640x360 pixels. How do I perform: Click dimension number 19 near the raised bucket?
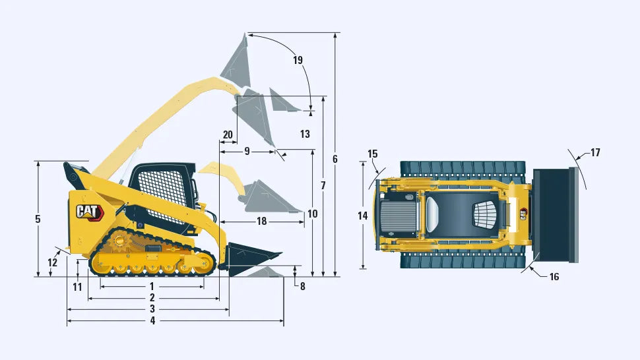[298, 60]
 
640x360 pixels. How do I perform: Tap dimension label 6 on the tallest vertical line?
[335, 159]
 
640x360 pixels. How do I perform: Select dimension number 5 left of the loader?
[38, 219]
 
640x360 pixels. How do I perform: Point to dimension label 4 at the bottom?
[152, 321]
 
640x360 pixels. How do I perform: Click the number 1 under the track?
[152, 287]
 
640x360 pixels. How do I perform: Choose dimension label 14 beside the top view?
[363, 216]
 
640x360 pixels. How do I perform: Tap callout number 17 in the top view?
[596, 152]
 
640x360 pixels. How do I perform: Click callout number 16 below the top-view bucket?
[554, 277]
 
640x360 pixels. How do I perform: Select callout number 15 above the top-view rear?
[373, 154]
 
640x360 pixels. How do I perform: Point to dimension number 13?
[305, 134]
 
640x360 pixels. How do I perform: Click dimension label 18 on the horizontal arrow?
[262, 222]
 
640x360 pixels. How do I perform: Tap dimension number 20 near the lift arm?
[228, 135]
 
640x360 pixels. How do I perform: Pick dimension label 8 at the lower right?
[302, 287]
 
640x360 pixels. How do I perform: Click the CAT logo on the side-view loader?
[90, 212]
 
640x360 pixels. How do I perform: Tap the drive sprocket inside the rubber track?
[119, 241]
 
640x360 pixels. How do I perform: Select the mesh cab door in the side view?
[160, 193]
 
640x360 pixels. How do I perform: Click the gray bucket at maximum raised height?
[237, 61]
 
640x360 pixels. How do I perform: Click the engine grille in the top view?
[399, 216]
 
